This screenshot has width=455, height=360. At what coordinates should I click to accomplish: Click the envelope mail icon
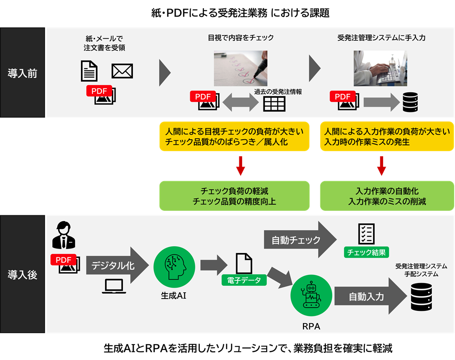coord(122,71)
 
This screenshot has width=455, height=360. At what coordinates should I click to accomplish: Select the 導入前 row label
coord(22,73)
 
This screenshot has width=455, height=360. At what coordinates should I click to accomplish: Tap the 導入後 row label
coord(22,274)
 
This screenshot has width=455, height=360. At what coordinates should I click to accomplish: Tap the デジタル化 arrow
coord(116,266)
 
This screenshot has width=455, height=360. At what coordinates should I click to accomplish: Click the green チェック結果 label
coord(366,253)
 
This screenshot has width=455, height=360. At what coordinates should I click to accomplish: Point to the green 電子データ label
coord(244,280)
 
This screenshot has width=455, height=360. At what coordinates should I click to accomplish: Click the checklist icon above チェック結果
coord(366,233)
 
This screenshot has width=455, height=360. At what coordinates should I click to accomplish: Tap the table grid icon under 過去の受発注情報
coord(274,104)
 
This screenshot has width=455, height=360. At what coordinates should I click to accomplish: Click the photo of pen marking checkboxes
coord(240,68)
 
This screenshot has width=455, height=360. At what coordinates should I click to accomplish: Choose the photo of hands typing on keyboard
coord(380,68)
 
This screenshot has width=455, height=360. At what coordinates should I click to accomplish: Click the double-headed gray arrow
coord(240,103)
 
